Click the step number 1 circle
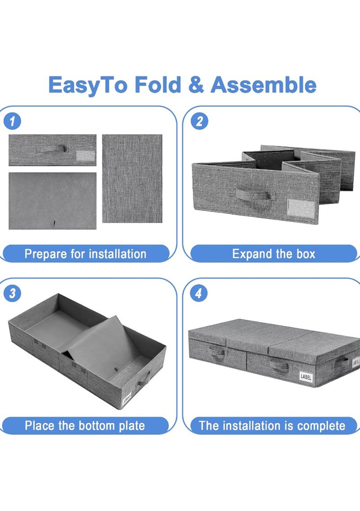coord(12,121)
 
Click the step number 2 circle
coord(199,121)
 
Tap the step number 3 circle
coord(12,293)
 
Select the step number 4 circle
coord(199,293)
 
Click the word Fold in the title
coord(158,84)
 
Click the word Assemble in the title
coord(263,84)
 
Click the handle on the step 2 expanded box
coord(253,194)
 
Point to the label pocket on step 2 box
coord(301,207)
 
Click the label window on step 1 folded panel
coord(85,156)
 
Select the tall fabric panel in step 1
coord(132,178)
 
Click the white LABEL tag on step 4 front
coord(306,377)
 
